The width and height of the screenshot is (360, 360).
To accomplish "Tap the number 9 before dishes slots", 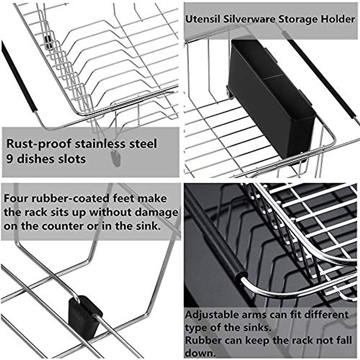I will [x=10, y=159].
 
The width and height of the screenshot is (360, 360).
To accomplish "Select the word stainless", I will [x=100, y=144].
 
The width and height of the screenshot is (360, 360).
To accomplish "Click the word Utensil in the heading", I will [x=202, y=19].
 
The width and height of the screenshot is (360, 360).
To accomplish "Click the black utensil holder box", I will [x=270, y=96].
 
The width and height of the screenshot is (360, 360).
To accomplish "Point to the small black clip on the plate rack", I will [x=48, y=42].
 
